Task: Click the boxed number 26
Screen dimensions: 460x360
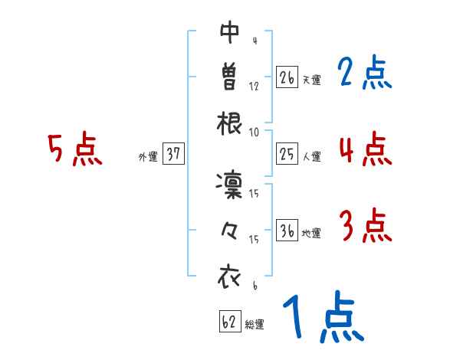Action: (x=287, y=77)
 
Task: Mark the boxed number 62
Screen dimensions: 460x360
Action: (x=229, y=322)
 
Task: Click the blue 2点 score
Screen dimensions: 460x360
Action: (x=365, y=74)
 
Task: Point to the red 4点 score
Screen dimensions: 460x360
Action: (x=365, y=149)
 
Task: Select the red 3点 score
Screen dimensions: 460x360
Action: (x=365, y=226)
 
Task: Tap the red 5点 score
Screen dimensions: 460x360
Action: (x=74, y=149)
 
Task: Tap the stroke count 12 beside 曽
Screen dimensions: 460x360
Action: (x=255, y=87)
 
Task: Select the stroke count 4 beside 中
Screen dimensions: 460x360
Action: (x=254, y=41)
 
